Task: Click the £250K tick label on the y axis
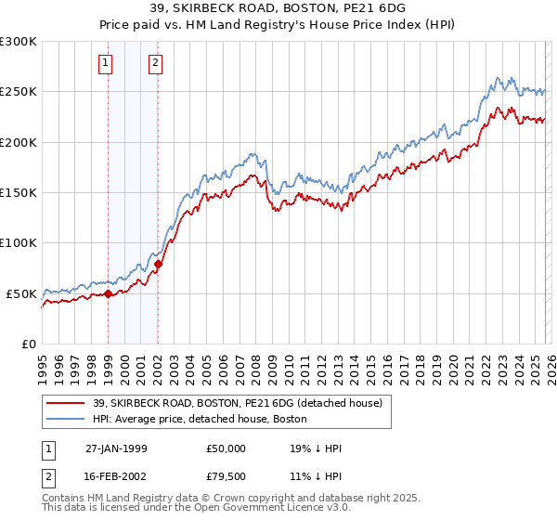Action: pos(19,92)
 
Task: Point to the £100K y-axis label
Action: pos(19,243)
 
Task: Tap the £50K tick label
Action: pos(22,293)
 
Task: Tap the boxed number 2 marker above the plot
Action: pos(154,63)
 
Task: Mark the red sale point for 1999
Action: pos(109,293)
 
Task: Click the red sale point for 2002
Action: pos(158,264)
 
